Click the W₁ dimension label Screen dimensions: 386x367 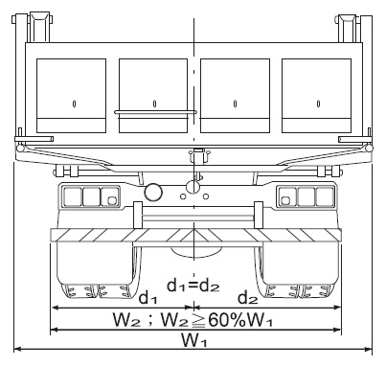coord(194,340)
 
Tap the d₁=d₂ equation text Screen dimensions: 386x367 coord(193,285)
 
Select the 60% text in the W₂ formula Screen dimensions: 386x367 coord(227,320)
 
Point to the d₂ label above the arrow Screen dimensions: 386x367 coord(248,297)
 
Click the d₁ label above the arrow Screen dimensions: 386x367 coord(148,297)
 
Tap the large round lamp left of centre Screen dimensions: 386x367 coord(153,193)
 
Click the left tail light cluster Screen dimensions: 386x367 coord(89,196)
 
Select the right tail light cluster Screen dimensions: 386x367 coord(306,196)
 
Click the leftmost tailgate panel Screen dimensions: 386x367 coord(71,96)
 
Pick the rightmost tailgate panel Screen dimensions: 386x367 coord(316,96)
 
